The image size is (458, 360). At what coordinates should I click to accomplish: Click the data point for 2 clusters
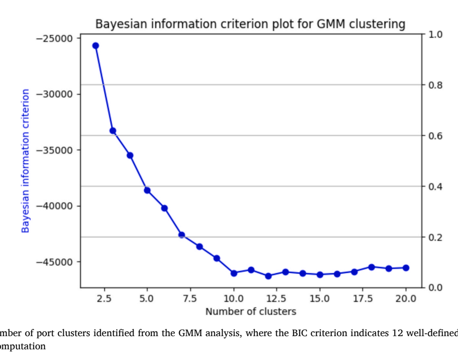tap(95, 45)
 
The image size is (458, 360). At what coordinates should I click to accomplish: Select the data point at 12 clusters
tap(268, 276)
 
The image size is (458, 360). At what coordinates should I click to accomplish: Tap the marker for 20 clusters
tap(406, 268)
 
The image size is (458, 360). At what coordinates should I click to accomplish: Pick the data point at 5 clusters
tap(147, 190)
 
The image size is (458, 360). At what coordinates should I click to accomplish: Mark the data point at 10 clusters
tap(234, 273)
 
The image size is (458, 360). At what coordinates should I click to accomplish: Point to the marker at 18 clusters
tap(371, 267)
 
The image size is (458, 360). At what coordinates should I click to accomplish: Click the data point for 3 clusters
tap(113, 131)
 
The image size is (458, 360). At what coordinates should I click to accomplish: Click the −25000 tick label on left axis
tap(55, 38)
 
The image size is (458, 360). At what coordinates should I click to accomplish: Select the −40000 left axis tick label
tap(55, 206)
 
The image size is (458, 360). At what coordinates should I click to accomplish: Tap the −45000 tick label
tap(55, 262)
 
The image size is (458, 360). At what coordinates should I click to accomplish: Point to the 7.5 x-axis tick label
tap(190, 299)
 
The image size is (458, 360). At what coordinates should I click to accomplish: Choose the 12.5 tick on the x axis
tap(276, 299)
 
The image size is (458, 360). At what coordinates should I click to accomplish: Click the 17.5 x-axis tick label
tap(363, 299)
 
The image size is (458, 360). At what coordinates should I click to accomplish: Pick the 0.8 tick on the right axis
tap(436, 85)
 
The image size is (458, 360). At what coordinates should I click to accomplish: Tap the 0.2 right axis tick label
tap(436, 237)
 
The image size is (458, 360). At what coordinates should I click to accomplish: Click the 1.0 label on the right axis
tap(436, 35)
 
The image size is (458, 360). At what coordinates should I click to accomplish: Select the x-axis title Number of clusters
tap(251, 312)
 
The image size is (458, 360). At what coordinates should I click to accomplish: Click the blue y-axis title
tap(25, 161)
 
